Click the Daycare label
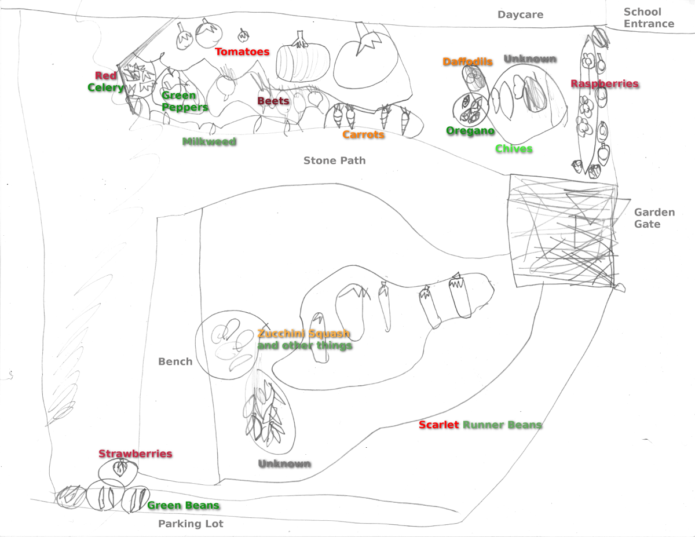point(520,14)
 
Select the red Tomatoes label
point(242,52)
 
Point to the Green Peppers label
point(185,101)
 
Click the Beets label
point(273,101)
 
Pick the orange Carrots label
point(363,135)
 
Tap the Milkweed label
point(209,141)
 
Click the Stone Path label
point(334,160)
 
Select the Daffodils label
point(467,61)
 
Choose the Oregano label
point(470,131)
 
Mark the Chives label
point(513,149)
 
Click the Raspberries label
point(604,84)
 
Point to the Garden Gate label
point(654,218)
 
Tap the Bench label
point(175,361)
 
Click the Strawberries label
point(135,454)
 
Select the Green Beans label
point(183,505)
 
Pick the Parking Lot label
point(191,524)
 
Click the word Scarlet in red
point(438,425)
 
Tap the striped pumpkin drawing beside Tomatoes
point(302,63)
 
